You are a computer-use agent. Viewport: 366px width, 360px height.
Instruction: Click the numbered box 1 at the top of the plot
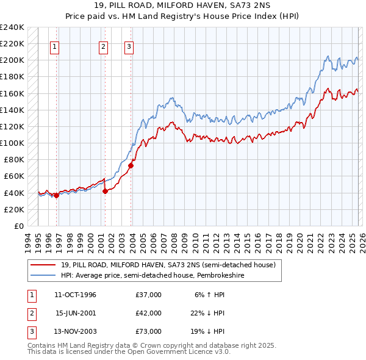point(55,46)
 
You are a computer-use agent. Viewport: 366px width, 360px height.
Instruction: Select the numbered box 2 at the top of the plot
point(104,46)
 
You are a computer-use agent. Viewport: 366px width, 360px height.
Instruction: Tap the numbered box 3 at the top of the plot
point(129,46)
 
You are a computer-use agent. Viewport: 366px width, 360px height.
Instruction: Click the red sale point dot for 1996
point(56,195)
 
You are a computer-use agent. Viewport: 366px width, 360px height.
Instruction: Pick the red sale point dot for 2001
point(105,191)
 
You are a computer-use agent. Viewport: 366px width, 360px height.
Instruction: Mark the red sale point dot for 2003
point(131,165)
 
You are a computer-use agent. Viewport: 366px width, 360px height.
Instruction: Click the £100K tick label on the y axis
point(12,143)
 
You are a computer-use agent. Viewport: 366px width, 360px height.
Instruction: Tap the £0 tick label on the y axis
point(18,226)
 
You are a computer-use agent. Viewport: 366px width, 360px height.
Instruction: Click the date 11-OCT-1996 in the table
point(75,295)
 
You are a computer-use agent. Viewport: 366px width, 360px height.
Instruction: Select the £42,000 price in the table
point(149,313)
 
